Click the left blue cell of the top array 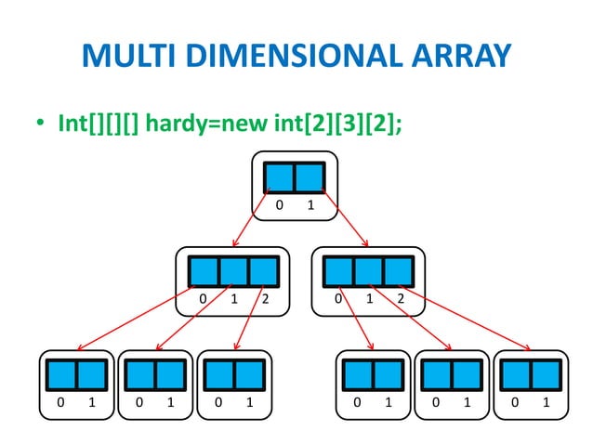point(278,176)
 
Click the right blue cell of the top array point(310,176)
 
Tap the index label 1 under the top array point(310,205)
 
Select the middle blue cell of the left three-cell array point(234,270)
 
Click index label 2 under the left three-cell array point(265,299)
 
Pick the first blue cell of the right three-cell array point(338,270)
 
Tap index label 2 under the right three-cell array point(400,299)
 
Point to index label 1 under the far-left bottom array point(91,403)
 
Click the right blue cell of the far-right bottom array point(546,374)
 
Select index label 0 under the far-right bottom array point(515,403)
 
